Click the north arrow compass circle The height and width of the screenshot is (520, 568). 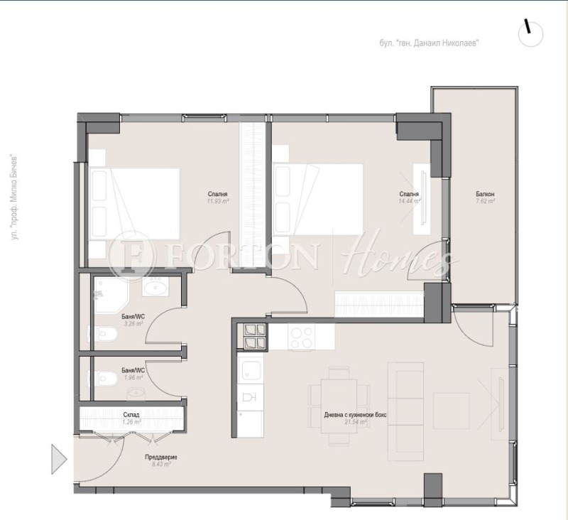(x=530, y=33)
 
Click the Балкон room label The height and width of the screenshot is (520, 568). (x=485, y=194)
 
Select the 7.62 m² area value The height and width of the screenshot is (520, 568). (x=485, y=202)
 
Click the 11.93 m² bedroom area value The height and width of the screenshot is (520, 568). (x=218, y=202)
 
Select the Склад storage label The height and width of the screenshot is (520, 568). (x=131, y=414)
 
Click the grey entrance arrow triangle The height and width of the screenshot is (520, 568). (x=58, y=458)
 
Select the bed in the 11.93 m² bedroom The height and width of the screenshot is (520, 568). (x=135, y=202)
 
